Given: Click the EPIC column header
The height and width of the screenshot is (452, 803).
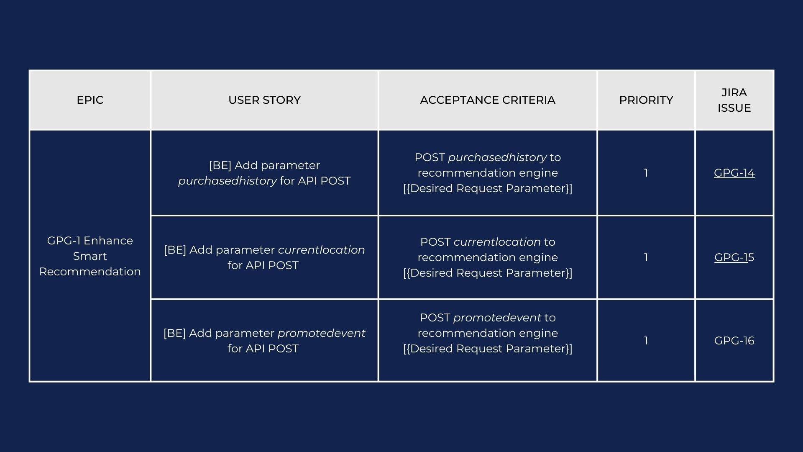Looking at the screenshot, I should coord(90,100).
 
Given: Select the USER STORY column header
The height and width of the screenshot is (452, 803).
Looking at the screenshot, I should coord(264,100).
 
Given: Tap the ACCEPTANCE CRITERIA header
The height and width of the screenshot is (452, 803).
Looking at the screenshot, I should coord(488,100).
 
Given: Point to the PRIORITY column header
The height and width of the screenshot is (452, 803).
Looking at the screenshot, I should coord(646,100).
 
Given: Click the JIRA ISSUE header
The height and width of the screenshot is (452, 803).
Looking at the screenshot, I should coord(734,100).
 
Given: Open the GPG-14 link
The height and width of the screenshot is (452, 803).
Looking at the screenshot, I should coord(734,173).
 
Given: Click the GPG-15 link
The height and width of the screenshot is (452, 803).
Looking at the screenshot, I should coord(734,257).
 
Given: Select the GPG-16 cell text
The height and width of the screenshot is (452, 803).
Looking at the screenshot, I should coord(734,341).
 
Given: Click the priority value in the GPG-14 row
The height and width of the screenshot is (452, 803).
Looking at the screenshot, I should coord(646,173).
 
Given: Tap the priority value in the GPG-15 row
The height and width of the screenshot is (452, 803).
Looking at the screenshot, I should coord(646,257).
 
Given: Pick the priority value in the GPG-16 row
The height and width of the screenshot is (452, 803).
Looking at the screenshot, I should coord(646,341).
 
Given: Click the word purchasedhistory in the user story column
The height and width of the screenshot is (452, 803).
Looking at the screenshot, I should coord(228,181).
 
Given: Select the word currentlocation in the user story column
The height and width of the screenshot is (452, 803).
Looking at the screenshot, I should coord(321,250).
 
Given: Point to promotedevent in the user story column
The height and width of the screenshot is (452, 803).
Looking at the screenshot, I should coord(321,333).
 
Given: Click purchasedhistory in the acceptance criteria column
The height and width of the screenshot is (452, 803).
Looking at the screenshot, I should coord(497,157).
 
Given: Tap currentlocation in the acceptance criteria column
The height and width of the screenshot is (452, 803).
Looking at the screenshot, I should coord(497,242).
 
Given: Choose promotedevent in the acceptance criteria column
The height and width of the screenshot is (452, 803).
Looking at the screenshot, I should coord(497,318).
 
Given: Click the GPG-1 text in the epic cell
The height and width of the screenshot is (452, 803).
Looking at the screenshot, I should coord(64,241).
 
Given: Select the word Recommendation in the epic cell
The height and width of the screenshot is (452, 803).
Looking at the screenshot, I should coord(90,272).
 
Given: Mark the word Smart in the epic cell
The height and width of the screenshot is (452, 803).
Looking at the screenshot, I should coord(90,256).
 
